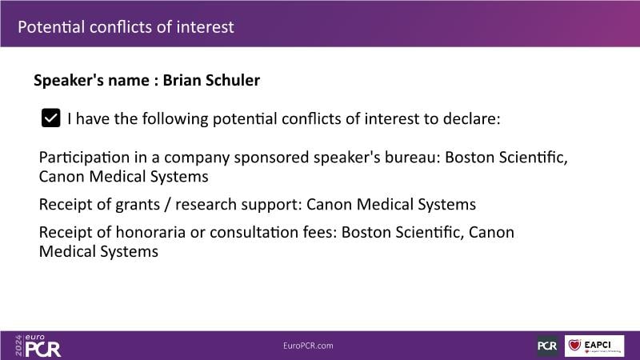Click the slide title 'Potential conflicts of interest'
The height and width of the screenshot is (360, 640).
click(126, 27)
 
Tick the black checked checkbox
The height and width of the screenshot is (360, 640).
click(50, 118)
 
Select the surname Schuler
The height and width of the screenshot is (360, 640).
click(233, 80)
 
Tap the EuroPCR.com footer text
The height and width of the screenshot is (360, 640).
click(308, 346)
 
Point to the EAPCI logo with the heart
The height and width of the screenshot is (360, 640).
click(594, 346)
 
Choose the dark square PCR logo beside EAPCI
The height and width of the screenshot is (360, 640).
click(547, 346)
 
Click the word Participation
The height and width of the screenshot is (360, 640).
click(84, 158)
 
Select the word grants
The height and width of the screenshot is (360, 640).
click(138, 205)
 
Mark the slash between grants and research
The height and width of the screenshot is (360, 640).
click(167, 205)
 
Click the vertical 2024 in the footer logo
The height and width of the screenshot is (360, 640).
click(18, 346)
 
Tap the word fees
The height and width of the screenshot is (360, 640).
click(320, 232)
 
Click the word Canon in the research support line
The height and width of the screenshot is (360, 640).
click(329, 204)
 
